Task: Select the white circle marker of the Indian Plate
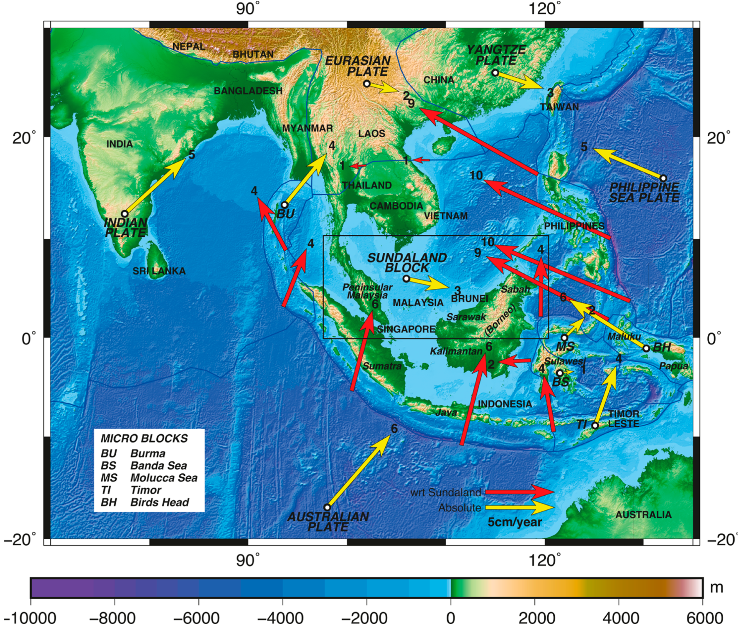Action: [x=124, y=214]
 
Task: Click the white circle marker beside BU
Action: [x=285, y=205]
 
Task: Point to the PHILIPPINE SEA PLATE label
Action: [x=644, y=192]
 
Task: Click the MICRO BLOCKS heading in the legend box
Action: [x=144, y=438]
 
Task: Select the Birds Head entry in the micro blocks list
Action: [x=159, y=502]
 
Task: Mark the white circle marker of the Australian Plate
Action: [x=327, y=507]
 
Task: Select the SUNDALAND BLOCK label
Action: [x=407, y=263]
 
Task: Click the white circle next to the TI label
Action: [x=595, y=425]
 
